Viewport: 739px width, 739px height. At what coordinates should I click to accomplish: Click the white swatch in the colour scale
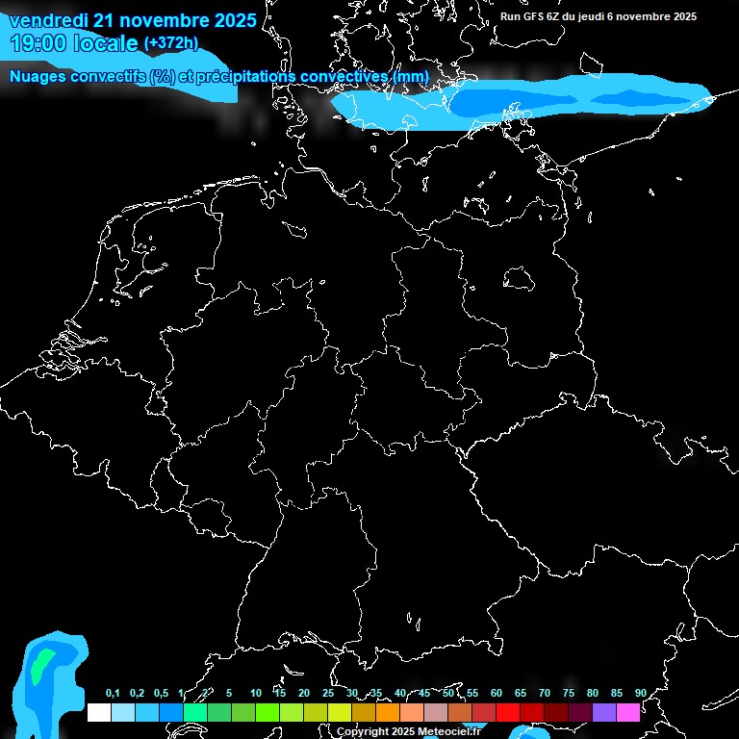tap(99, 712)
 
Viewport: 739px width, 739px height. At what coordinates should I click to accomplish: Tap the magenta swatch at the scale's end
tap(628, 712)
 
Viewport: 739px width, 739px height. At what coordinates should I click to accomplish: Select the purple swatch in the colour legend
tap(604, 712)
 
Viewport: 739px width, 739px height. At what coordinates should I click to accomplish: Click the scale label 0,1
tap(113, 694)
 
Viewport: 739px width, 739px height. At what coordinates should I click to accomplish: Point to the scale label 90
tap(640, 694)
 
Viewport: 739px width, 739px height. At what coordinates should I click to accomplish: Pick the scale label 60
tap(497, 694)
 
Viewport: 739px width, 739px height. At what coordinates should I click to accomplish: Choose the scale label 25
tap(328, 694)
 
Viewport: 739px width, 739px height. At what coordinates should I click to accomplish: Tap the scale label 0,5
tap(161, 694)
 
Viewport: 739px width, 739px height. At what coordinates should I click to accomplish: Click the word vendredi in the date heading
tap(48, 20)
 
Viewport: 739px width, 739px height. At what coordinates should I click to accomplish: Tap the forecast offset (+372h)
tap(170, 43)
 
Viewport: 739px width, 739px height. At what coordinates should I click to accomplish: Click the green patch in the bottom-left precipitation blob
tap(39, 666)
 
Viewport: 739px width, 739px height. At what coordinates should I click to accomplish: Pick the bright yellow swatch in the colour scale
tap(340, 712)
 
